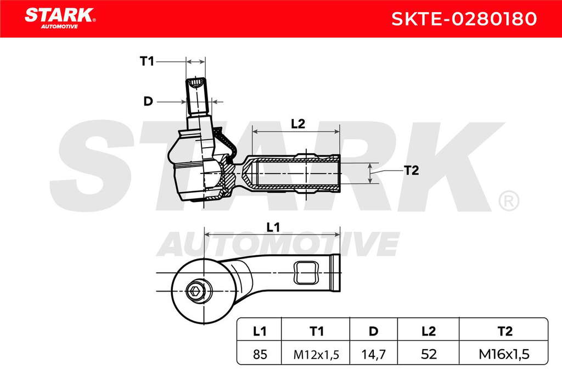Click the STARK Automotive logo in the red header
click(x=60, y=18)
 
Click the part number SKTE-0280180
click(x=464, y=19)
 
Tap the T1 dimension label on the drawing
click(x=147, y=61)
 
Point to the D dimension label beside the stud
click(x=148, y=102)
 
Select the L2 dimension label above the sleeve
click(x=298, y=124)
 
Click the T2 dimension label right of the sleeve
click(x=411, y=170)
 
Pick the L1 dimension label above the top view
click(x=273, y=227)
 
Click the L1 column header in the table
click(x=260, y=331)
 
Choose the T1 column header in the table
click(x=316, y=331)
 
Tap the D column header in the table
click(x=373, y=331)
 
